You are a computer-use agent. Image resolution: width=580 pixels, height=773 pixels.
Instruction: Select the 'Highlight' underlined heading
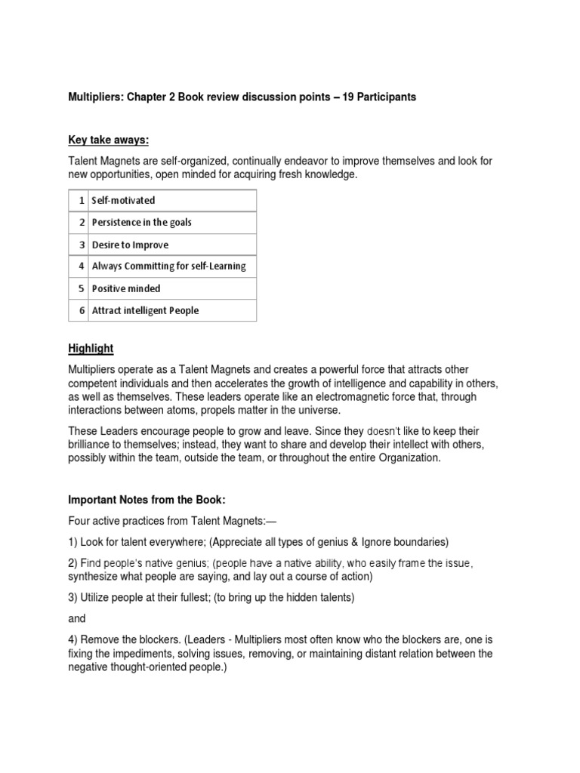[x=91, y=348]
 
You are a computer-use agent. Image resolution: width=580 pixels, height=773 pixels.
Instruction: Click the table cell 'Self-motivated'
[x=123, y=201]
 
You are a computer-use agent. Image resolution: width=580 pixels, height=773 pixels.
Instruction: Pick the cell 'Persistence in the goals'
[x=141, y=223]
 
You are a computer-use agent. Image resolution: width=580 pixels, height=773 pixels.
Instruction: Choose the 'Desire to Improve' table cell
[x=130, y=245]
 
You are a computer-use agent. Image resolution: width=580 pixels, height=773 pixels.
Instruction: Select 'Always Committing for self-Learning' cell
[x=168, y=266]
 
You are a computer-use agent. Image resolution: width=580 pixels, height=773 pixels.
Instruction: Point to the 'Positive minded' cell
[x=126, y=288]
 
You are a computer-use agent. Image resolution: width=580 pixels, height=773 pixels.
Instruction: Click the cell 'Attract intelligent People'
[x=145, y=310]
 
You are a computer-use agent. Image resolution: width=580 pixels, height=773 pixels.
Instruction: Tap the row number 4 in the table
[x=81, y=266]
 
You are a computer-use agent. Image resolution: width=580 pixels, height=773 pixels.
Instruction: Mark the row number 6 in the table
[x=81, y=310]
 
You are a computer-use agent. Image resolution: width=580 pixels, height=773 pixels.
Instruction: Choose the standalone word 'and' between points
[x=77, y=618]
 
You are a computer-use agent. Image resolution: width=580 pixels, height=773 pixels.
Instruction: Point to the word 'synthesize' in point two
[x=94, y=576]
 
